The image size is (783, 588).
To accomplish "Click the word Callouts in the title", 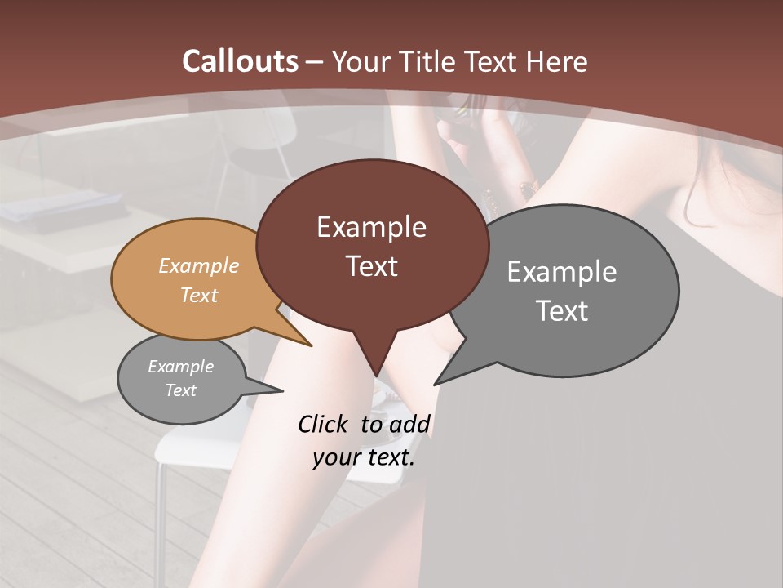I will [240, 61].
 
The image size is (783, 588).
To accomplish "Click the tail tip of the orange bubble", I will [311, 345].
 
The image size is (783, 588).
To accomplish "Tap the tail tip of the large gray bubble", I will [435, 384].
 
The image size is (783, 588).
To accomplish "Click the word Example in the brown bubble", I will [371, 227].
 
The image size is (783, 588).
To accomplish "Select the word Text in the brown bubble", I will [372, 266].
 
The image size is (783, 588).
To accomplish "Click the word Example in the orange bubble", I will [199, 265].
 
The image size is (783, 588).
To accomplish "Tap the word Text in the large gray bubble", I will [562, 310].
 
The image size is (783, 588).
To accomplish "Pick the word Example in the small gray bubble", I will [180, 367].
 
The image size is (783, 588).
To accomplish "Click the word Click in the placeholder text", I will [324, 424].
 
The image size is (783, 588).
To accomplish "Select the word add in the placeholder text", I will [409, 424].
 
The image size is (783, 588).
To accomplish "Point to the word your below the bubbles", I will [336, 457].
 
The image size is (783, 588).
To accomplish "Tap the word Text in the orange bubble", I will [199, 295].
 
